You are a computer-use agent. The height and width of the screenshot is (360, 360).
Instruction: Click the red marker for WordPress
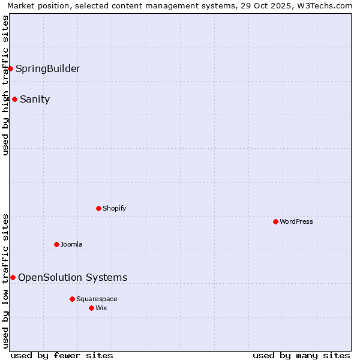pyautogui.click(x=275, y=221)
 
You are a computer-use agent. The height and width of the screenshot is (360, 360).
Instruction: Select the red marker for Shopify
pyautogui.click(x=98, y=208)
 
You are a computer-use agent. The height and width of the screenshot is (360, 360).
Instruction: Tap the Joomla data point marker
pyautogui.click(x=56, y=244)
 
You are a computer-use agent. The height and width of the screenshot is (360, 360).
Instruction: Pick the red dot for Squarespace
pyautogui.click(x=72, y=299)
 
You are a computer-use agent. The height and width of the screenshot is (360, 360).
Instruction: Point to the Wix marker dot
pyautogui.click(x=91, y=308)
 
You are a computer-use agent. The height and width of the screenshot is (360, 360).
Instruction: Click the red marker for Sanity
pyautogui.click(x=14, y=100)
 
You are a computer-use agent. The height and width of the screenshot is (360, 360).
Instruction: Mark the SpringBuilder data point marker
pyautogui.click(x=10, y=68)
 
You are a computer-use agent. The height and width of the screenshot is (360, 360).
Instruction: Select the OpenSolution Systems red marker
pyautogui.click(x=13, y=277)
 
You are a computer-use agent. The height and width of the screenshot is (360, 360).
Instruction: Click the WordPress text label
pyautogui.click(x=296, y=221)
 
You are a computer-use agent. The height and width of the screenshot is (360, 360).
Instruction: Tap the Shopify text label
pyautogui.click(x=115, y=208)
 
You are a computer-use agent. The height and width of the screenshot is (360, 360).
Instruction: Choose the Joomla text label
pyautogui.click(x=71, y=244)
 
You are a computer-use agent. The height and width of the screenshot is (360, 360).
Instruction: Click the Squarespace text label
pyautogui.click(x=97, y=299)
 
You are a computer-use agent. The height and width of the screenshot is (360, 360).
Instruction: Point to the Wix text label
pyautogui.click(x=101, y=308)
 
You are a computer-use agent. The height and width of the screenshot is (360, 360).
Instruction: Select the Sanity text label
pyautogui.click(x=35, y=100)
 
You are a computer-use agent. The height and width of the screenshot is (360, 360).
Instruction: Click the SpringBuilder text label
pyautogui.click(x=48, y=68)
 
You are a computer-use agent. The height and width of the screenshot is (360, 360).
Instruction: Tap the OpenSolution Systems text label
pyautogui.click(x=73, y=277)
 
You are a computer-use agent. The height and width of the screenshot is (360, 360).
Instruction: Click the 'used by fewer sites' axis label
pyautogui.click(x=62, y=355)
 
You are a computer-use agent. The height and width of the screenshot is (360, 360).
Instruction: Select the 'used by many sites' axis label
pyautogui.click(x=301, y=355)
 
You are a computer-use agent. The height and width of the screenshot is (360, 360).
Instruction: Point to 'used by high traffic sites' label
pyautogui.click(x=5, y=85)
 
